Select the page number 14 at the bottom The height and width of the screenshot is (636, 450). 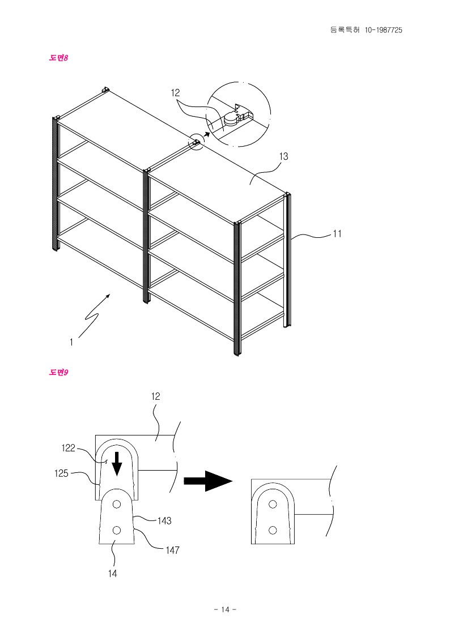pyautogui.click(x=225, y=609)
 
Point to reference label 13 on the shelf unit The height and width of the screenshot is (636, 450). pyautogui.click(x=284, y=157)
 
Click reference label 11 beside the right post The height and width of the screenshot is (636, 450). pyautogui.click(x=337, y=233)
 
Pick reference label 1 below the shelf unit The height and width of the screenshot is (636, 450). pyautogui.click(x=71, y=342)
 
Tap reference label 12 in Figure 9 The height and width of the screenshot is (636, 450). pyautogui.click(x=156, y=397)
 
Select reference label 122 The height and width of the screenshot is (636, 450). pyautogui.click(x=68, y=448)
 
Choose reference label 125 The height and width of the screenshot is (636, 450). pyautogui.click(x=62, y=473)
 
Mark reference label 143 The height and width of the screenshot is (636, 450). pyautogui.click(x=164, y=520)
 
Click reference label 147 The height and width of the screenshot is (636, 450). pyautogui.click(x=173, y=549)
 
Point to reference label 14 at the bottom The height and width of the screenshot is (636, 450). pyautogui.click(x=113, y=573)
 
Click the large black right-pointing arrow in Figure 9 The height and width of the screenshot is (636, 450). pyautogui.click(x=207, y=481)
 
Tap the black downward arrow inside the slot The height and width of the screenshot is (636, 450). pyautogui.click(x=117, y=463)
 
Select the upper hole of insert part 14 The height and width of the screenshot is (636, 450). pyautogui.click(x=116, y=504)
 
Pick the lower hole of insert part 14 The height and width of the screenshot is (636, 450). pyautogui.click(x=117, y=530)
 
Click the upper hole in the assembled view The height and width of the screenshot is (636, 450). pyautogui.click(x=273, y=504)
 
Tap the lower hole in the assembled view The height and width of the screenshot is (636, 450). pyautogui.click(x=273, y=530)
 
